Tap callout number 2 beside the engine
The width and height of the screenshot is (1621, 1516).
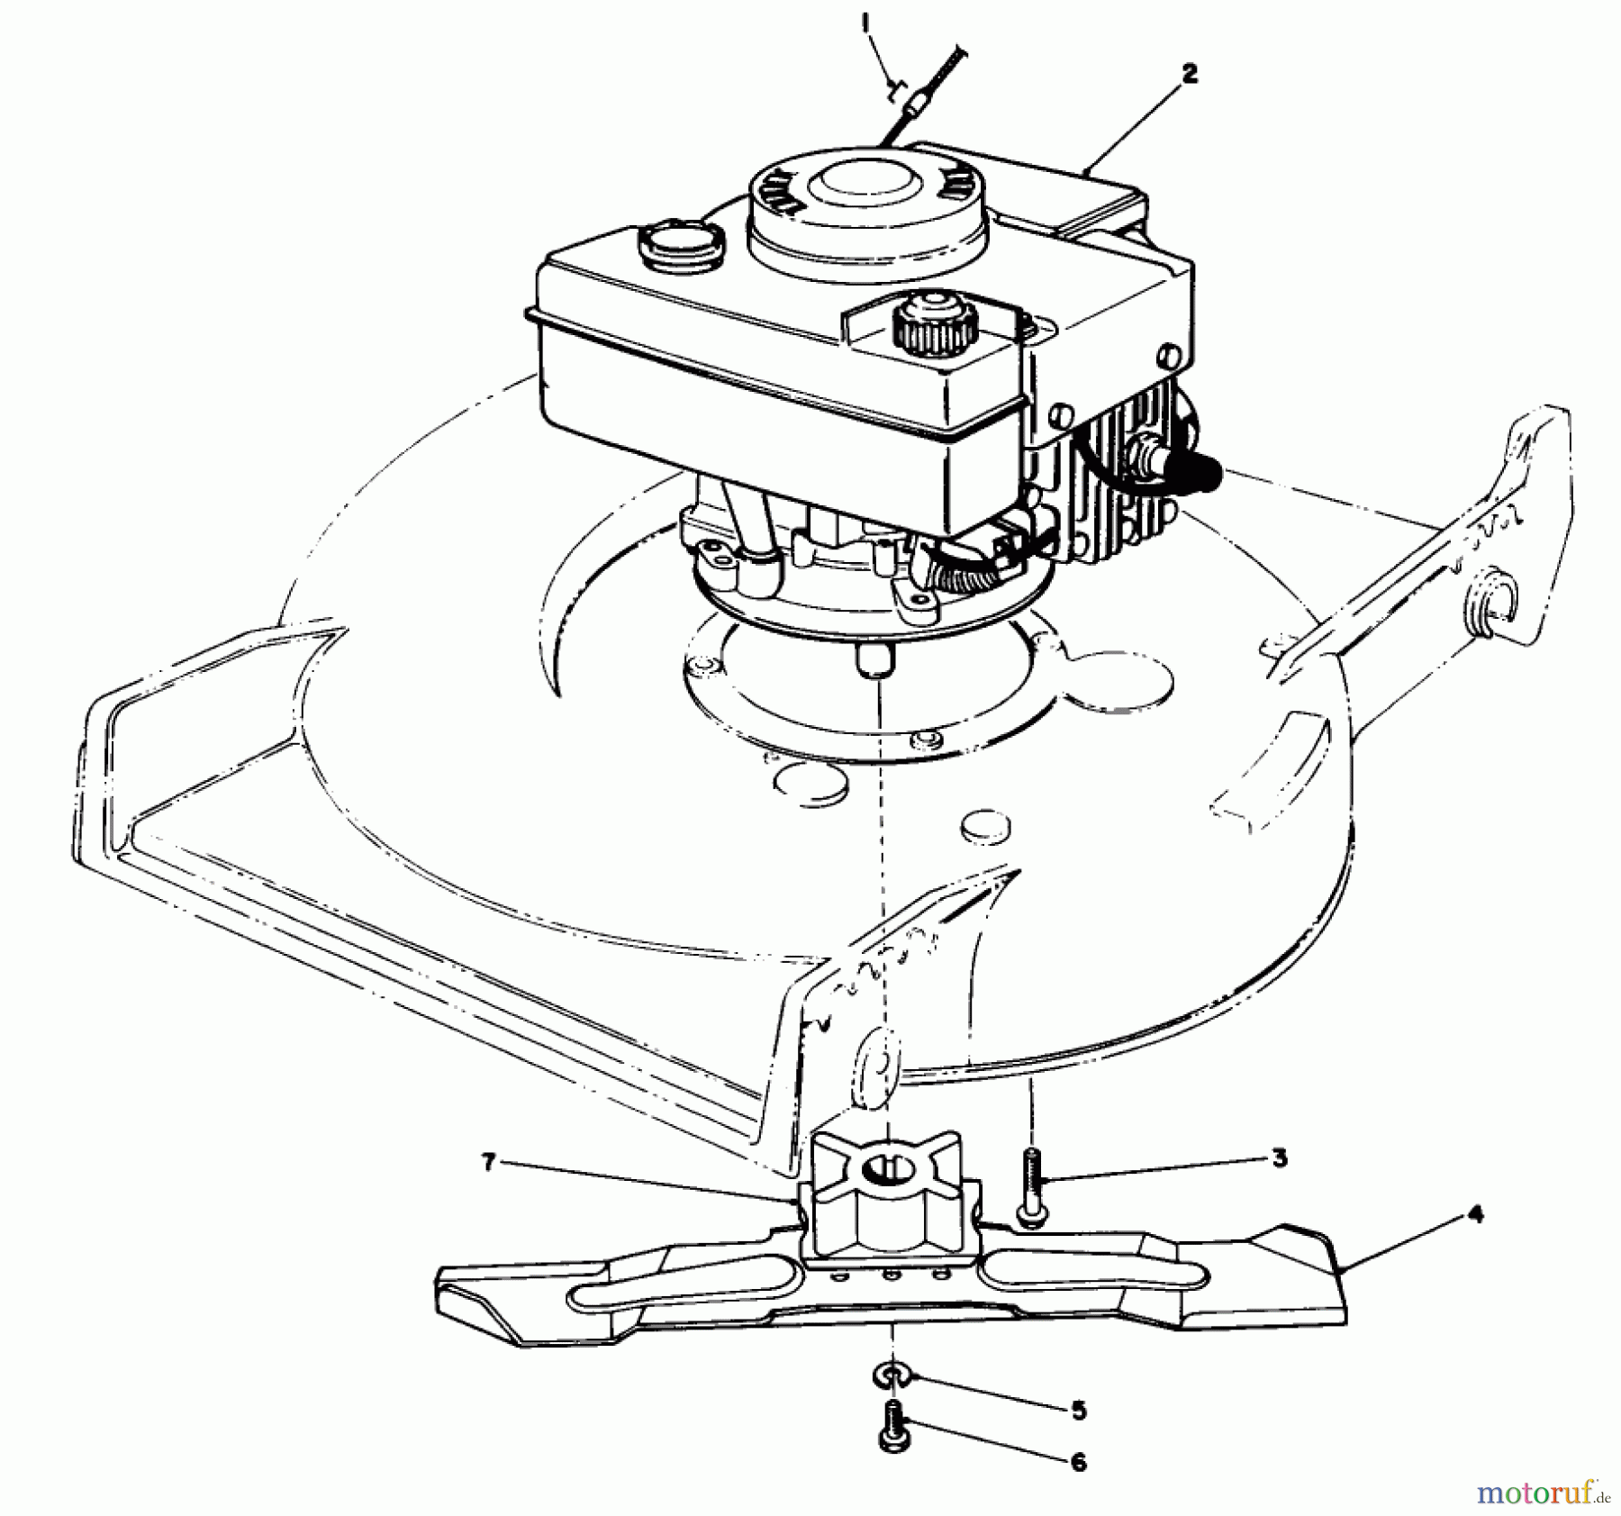tap(1190, 75)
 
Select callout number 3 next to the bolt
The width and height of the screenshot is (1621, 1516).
tap(1281, 1158)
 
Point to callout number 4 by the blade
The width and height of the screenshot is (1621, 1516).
tap(1475, 1214)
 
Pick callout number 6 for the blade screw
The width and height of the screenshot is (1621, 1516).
tap(1078, 1461)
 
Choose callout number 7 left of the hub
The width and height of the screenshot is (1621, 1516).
tap(488, 1163)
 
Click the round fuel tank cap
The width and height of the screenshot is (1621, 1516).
tap(681, 241)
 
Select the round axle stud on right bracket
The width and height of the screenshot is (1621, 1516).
tap(1497, 599)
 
